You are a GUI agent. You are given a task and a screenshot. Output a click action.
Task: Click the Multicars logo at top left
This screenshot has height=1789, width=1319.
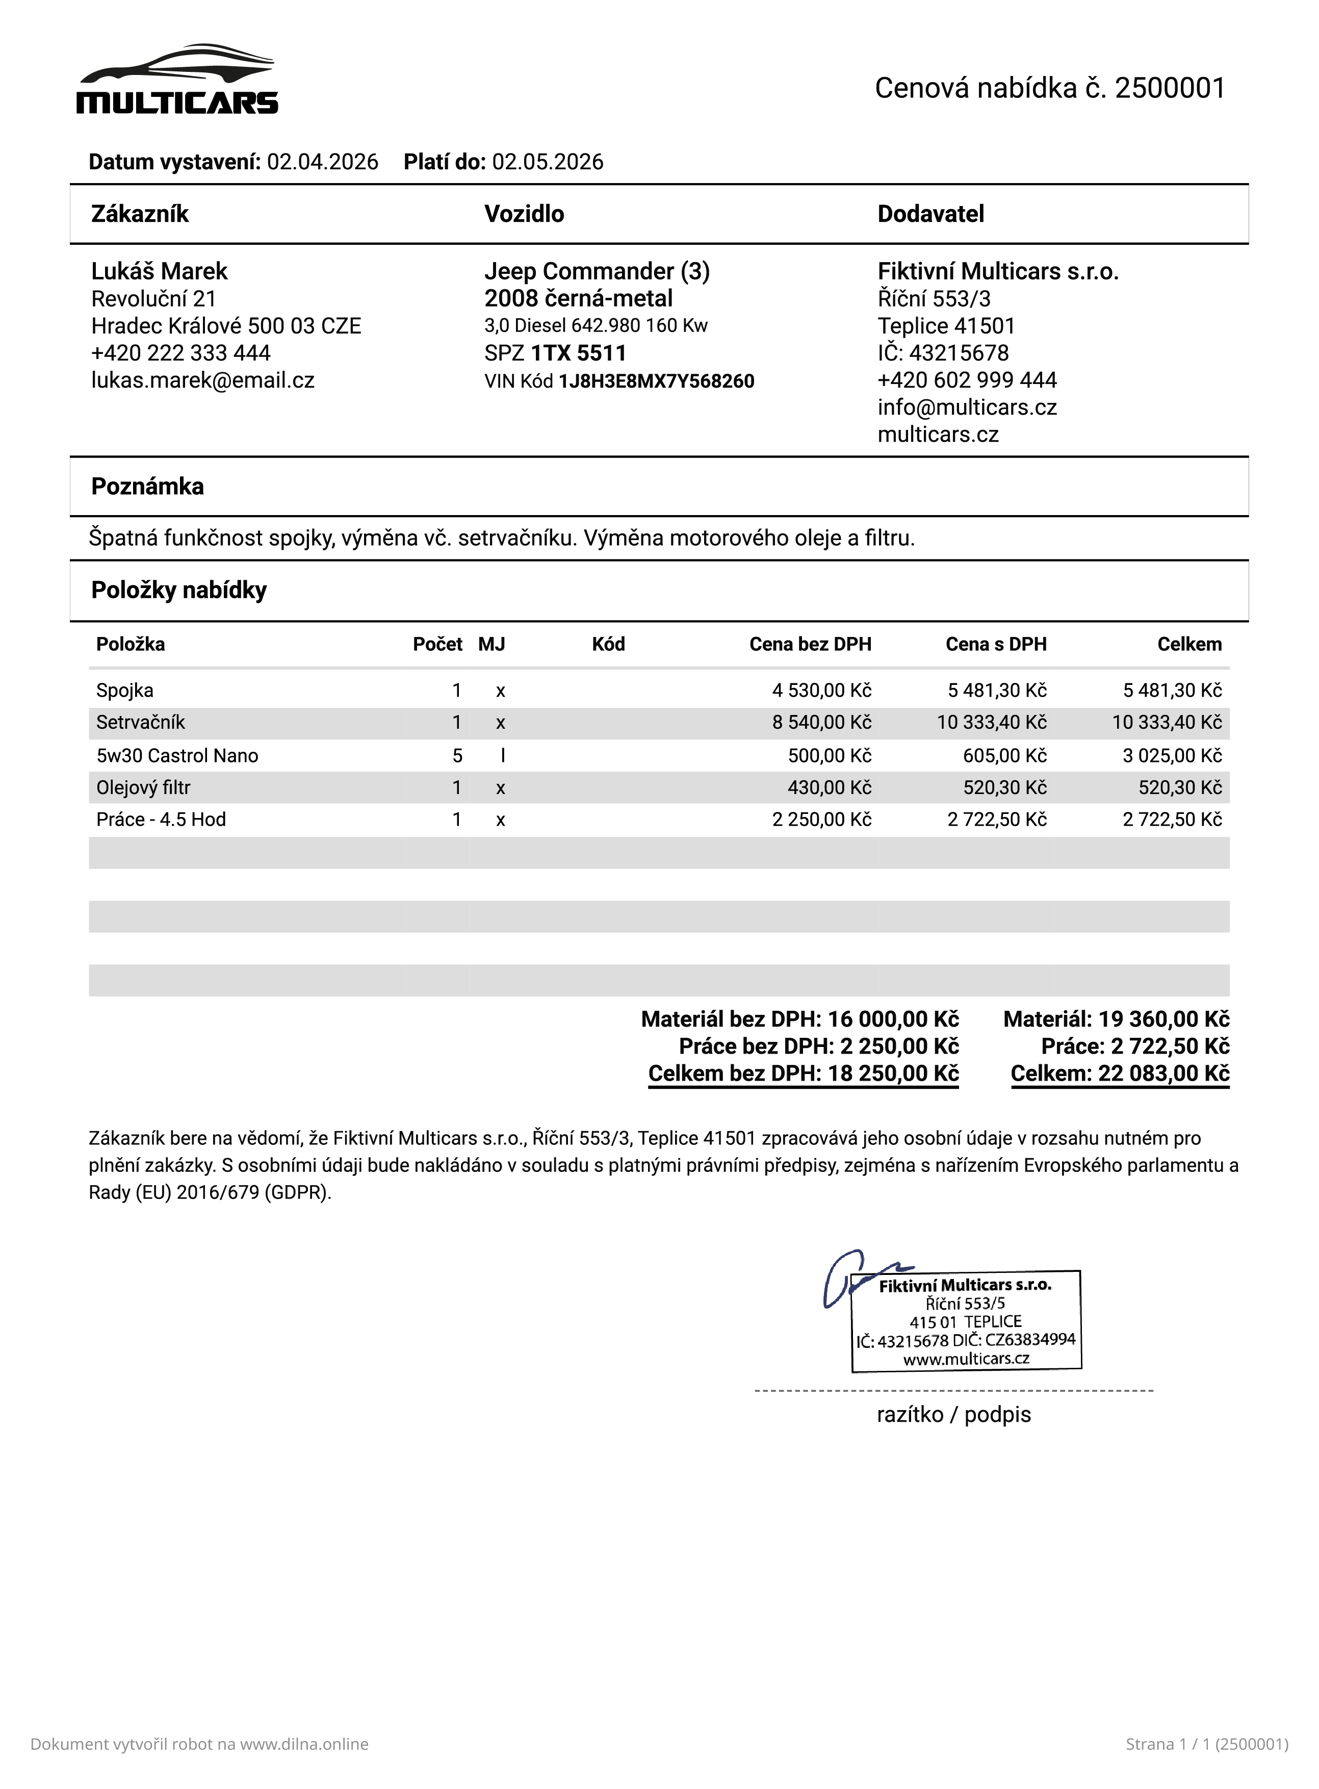[177, 80]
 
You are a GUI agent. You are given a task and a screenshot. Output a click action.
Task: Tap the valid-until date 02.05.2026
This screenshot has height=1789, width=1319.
[548, 162]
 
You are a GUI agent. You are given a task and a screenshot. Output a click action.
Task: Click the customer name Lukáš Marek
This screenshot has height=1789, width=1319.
[159, 271]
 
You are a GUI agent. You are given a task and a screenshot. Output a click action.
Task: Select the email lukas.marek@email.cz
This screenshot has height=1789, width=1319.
[203, 380]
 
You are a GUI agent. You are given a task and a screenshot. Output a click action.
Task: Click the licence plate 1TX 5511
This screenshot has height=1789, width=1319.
[579, 353]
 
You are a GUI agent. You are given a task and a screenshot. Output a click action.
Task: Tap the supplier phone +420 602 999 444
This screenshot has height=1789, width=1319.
[967, 380]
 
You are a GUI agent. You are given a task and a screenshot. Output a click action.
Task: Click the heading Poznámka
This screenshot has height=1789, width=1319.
[148, 487]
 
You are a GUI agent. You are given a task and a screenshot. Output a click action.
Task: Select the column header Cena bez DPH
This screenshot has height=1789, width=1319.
[810, 645]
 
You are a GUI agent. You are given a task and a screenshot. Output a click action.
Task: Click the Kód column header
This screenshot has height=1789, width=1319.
[608, 645]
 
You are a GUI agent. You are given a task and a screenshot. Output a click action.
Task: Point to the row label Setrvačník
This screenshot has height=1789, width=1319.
[141, 723]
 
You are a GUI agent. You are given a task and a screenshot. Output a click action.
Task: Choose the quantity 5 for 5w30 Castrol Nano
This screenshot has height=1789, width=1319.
[457, 756]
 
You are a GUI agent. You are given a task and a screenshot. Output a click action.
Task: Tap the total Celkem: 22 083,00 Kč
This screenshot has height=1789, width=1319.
[1120, 1074]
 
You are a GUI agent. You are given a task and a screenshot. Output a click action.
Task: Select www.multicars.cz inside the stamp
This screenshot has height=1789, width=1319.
[966, 1359]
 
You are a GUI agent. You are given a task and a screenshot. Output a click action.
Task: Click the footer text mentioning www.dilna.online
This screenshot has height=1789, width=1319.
[199, 1744]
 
